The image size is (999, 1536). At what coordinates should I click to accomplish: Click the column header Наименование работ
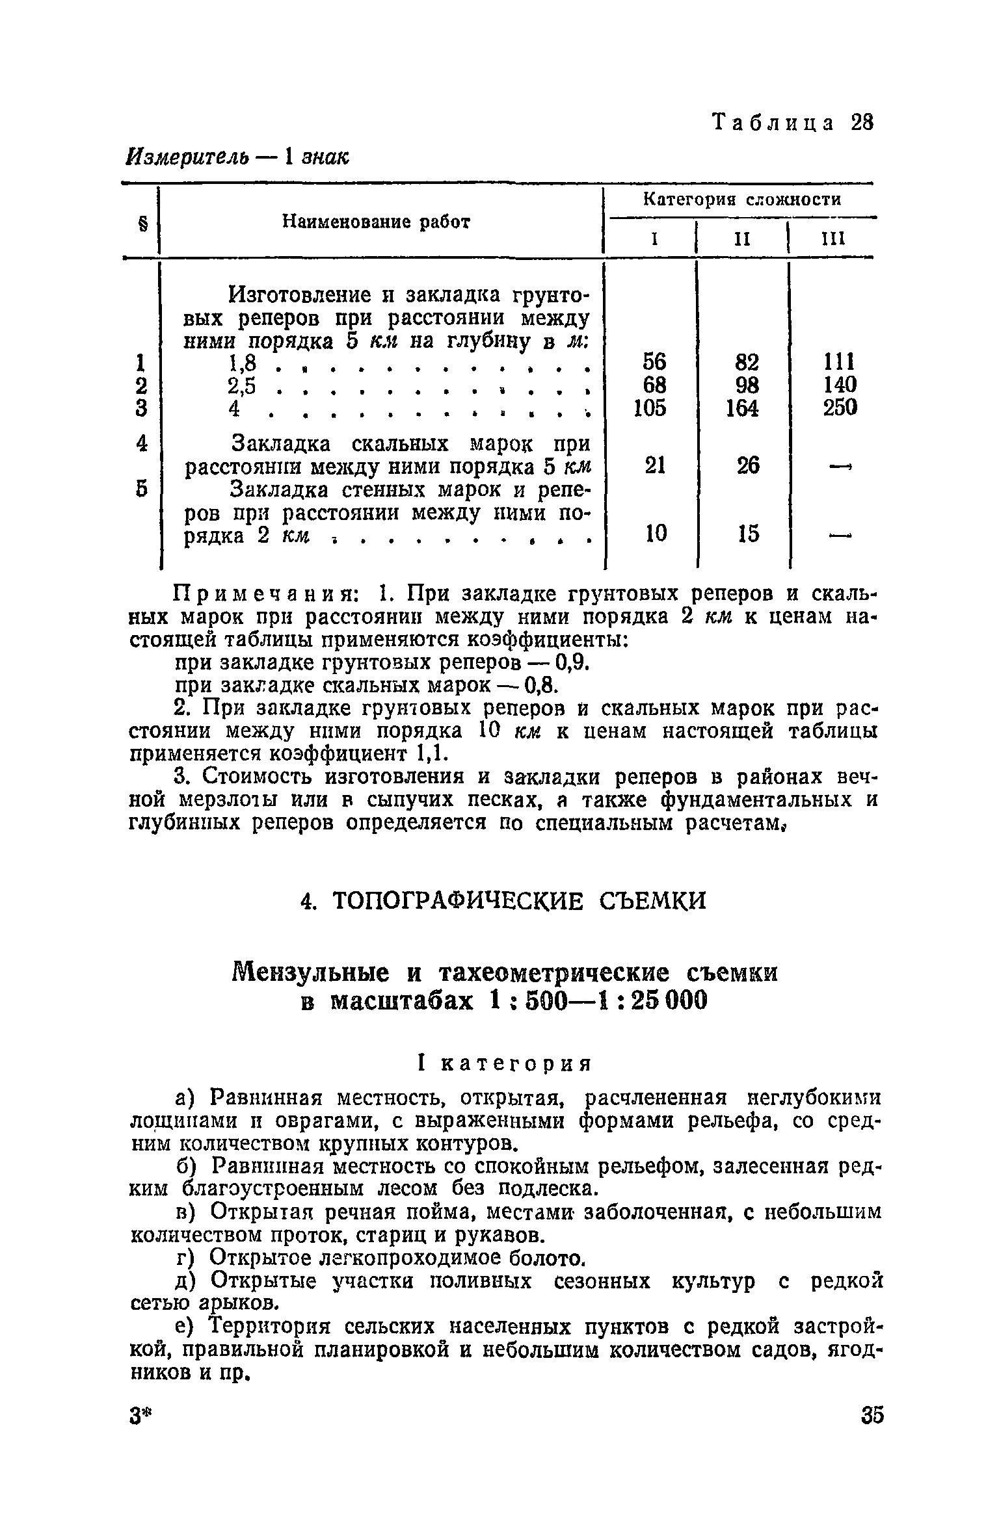tap(376, 222)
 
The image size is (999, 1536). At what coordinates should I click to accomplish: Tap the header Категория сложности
tap(742, 200)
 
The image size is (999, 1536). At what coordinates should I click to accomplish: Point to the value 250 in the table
tap(840, 408)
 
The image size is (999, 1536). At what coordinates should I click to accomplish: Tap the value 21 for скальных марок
tap(655, 465)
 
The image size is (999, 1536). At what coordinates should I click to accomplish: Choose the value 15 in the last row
tap(748, 534)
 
